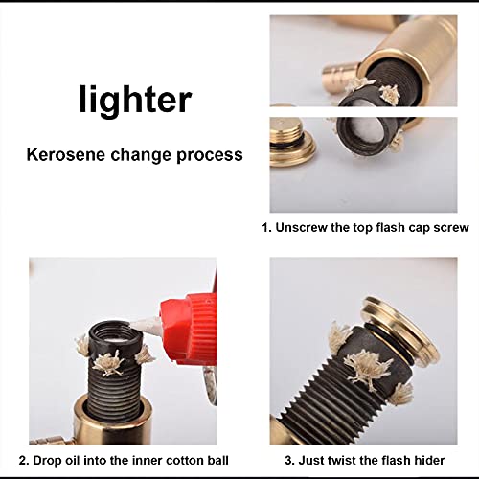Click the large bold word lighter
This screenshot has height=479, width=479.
pyautogui.click(x=135, y=100)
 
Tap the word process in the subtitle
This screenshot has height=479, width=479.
pyautogui.click(x=211, y=153)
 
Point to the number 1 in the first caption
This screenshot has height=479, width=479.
pyautogui.click(x=266, y=228)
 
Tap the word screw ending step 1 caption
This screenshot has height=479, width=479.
pyautogui.click(x=449, y=228)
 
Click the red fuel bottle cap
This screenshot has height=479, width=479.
pyautogui.click(x=196, y=327)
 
